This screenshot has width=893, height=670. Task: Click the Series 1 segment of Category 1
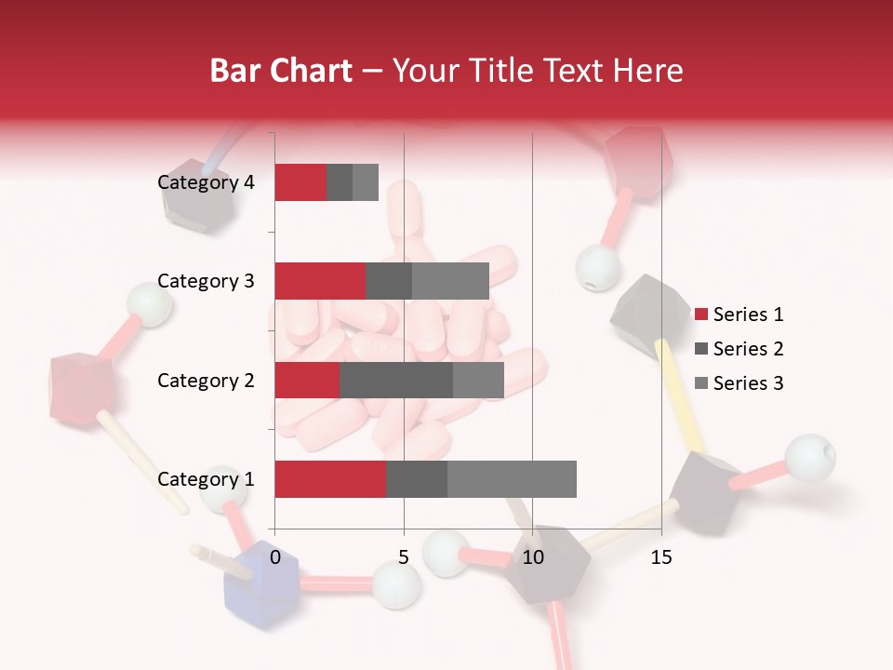point(330,479)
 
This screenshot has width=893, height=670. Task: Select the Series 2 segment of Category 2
point(396,381)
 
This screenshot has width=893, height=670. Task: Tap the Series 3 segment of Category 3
point(450,281)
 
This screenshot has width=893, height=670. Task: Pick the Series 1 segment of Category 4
point(300,182)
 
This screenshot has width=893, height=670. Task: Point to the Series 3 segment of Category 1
point(512,479)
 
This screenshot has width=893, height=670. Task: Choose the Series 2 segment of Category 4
point(340,182)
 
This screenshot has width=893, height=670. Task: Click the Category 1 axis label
point(206,479)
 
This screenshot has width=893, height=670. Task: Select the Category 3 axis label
point(206,281)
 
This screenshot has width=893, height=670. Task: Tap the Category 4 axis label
point(206,182)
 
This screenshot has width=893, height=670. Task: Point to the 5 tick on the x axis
point(404,557)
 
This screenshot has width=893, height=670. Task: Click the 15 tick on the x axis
point(661,557)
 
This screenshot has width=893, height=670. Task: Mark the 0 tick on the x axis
point(275,557)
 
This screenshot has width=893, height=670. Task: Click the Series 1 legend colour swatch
point(700,315)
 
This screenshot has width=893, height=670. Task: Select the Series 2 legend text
point(748,349)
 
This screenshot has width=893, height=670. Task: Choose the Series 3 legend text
point(748,383)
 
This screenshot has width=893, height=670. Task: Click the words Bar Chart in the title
point(281,71)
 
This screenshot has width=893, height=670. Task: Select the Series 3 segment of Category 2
point(478,381)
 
